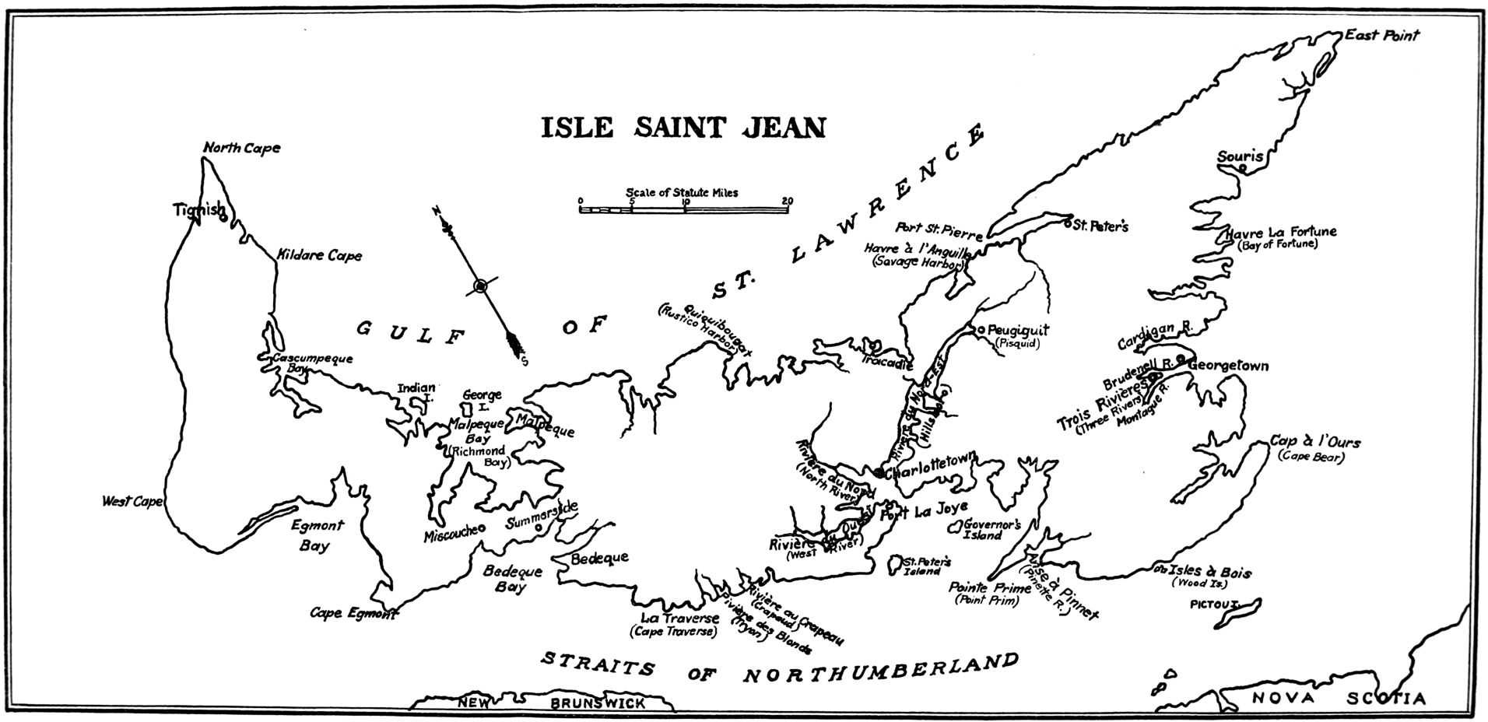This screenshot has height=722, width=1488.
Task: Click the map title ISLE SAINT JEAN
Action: pos(683,127)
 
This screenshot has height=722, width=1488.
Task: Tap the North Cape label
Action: pos(241,148)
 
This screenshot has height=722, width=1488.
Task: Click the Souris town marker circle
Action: pos(1243,168)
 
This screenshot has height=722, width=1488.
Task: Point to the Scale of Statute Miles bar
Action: pos(685,209)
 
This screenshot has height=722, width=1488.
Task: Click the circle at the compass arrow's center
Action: pos(480,286)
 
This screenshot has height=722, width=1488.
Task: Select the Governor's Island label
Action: pos(992,529)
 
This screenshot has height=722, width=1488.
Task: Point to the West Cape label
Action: pos(132,502)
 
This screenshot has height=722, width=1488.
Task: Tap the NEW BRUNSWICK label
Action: pos(551,703)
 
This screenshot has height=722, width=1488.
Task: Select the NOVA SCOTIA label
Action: pos(1339,699)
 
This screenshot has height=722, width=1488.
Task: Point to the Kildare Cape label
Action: pos(319,255)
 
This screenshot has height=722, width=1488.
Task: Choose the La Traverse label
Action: pos(680,619)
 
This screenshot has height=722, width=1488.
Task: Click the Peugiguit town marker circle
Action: pos(981,329)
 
